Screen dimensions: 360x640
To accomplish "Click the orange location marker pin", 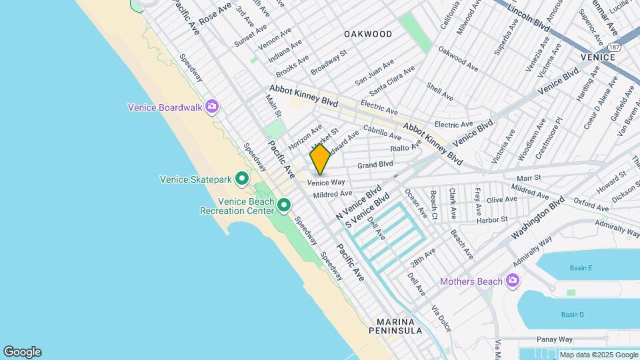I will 320,159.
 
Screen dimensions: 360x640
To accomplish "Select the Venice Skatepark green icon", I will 242,179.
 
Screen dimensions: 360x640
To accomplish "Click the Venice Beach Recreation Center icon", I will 284,205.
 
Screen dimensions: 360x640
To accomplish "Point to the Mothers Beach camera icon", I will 512,281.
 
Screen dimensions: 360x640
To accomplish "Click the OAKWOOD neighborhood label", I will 368,34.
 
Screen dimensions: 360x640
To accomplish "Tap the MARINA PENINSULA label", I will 398,324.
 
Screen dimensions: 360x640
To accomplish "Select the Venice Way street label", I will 326,182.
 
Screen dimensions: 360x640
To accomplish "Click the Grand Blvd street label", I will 375,165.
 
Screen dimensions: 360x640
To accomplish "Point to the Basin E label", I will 581,268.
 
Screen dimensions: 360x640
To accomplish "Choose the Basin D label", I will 572,315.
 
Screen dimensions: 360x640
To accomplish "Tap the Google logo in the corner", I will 22,352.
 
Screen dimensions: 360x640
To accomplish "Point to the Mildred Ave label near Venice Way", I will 332,194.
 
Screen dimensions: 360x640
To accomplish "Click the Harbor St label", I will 492,219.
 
